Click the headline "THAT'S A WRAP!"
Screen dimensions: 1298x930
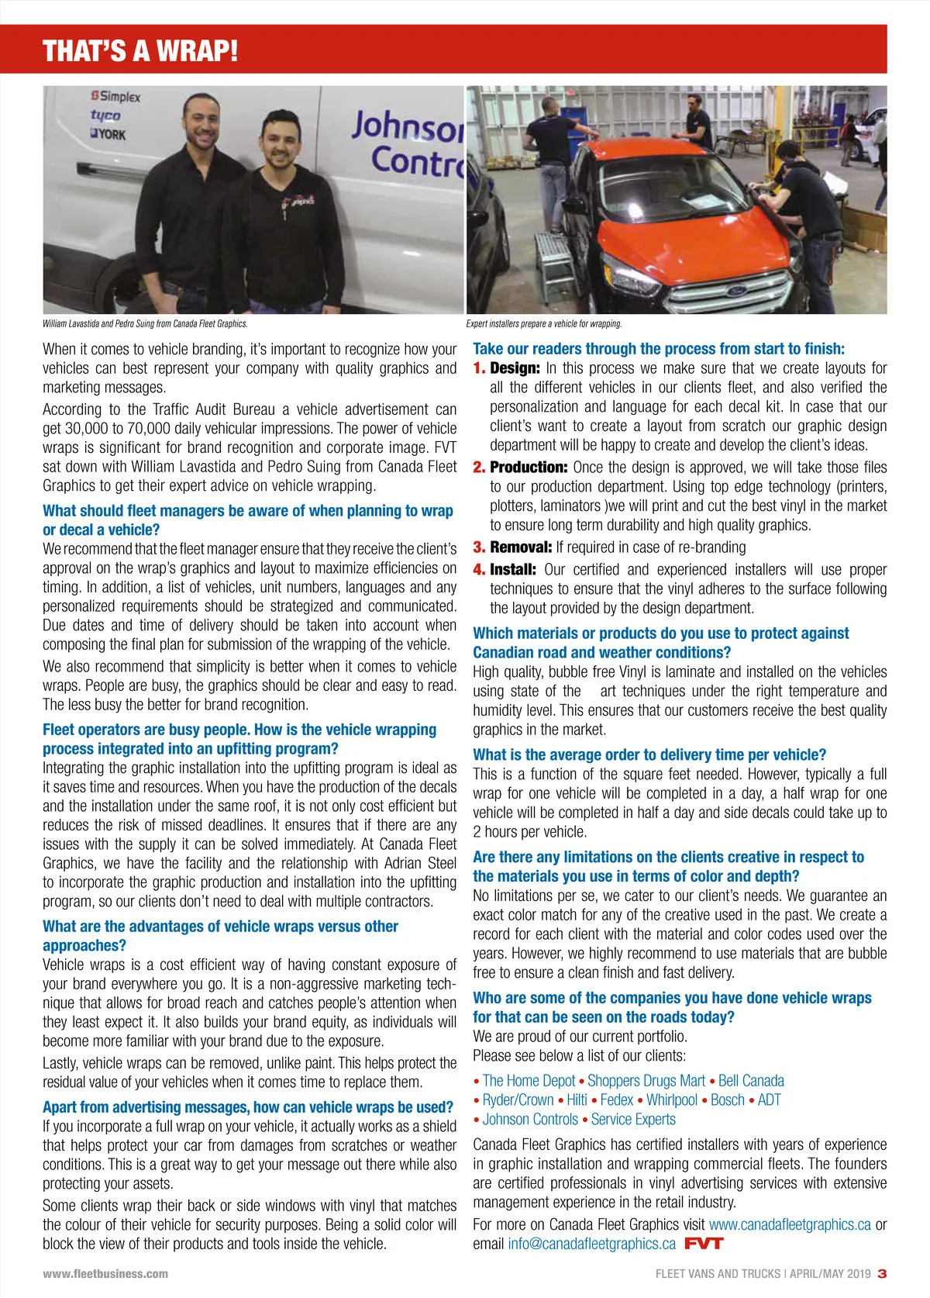140,51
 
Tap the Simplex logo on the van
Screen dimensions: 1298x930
116,97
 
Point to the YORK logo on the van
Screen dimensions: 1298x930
108,134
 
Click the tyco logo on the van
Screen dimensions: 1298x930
105,116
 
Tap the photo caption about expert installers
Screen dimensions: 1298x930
543,324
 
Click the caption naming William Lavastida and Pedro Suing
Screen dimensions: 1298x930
145,324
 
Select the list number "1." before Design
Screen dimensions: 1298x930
480,368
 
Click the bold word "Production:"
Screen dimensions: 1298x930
529,468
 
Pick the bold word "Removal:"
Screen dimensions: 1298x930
521,547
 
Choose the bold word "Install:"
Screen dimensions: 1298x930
512,570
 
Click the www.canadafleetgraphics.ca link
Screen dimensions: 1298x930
790,1224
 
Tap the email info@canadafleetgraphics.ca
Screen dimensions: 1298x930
591,1244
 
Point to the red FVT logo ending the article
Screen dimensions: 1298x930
704,1244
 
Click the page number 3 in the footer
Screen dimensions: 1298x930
882,1273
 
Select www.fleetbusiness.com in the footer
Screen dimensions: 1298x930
105,1273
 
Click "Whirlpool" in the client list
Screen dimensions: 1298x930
672,1100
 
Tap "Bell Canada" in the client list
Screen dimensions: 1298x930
751,1080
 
